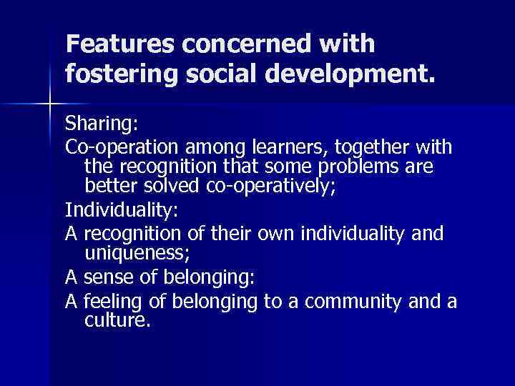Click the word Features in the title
point(119,44)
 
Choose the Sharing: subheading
point(100,125)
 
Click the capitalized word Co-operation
point(123,148)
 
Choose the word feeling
point(108,302)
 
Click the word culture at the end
point(117,320)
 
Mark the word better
point(105,187)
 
